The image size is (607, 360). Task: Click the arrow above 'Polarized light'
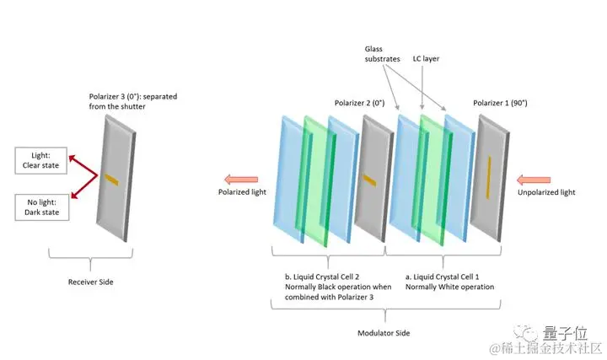pos(241,178)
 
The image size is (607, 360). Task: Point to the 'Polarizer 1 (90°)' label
pos(500,103)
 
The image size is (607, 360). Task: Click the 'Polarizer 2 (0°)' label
pos(358,103)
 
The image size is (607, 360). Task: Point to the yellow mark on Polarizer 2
pos(368,178)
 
